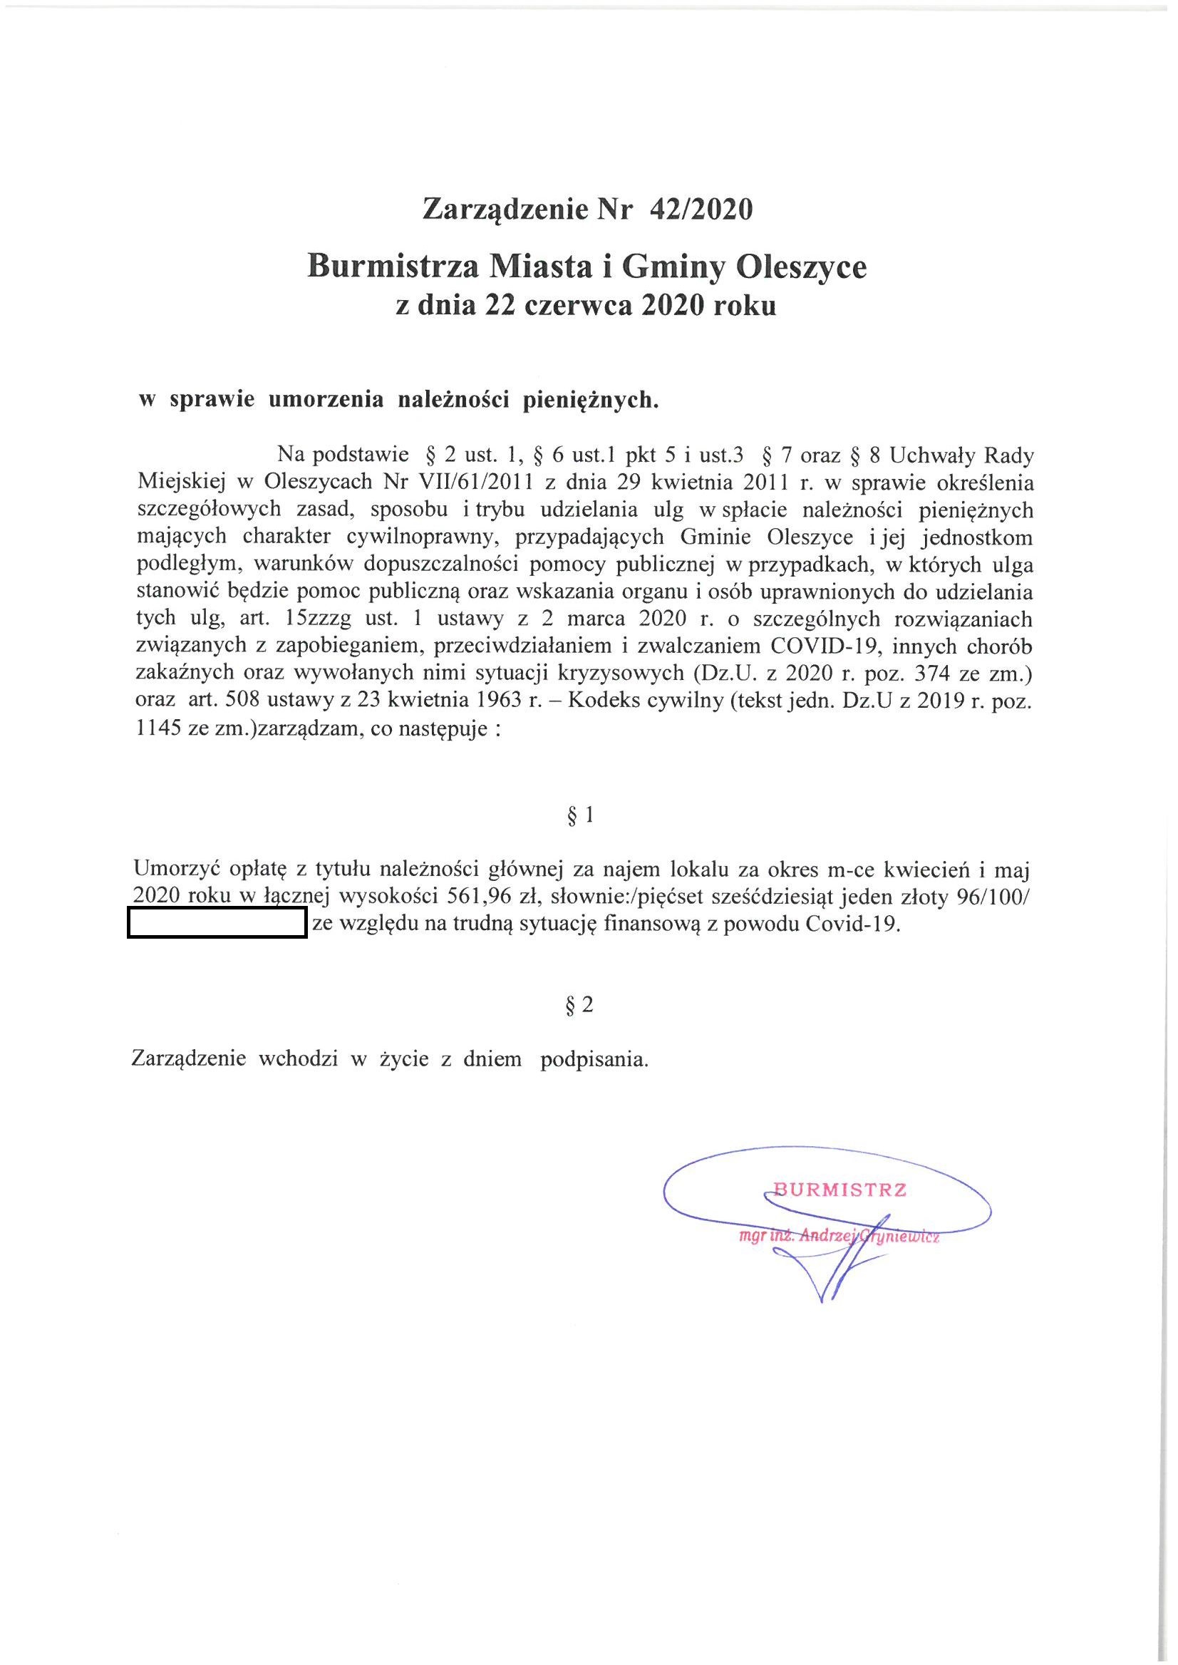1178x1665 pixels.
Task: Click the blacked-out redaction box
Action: pyautogui.click(x=217, y=926)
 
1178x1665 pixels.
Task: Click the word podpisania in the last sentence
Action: pyautogui.click(x=594, y=1059)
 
